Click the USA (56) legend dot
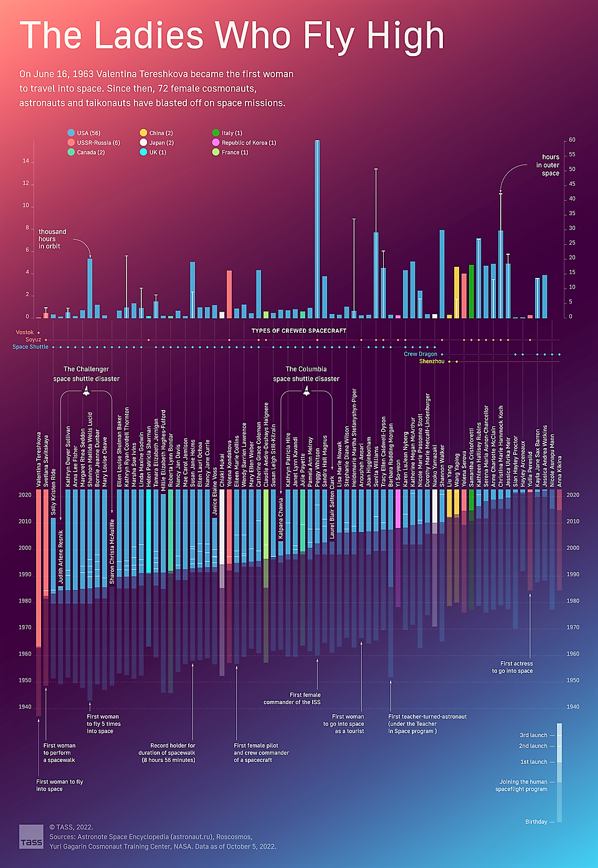[71, 133]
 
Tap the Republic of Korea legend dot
[216, 143]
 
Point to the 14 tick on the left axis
[26, 161]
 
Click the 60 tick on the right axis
[572, 140]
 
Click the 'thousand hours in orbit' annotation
[52, 239]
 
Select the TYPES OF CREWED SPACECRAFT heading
[299, 331]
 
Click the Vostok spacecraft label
[25, 332]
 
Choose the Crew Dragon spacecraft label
[420, 354]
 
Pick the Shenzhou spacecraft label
[432, 361]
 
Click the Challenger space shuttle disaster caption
[86, 374]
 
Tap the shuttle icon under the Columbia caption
[306, 391]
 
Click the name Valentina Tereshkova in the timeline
[39, 459]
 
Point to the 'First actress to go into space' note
[516, 667]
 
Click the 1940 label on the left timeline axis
[25, 707]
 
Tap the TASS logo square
[31, 836]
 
